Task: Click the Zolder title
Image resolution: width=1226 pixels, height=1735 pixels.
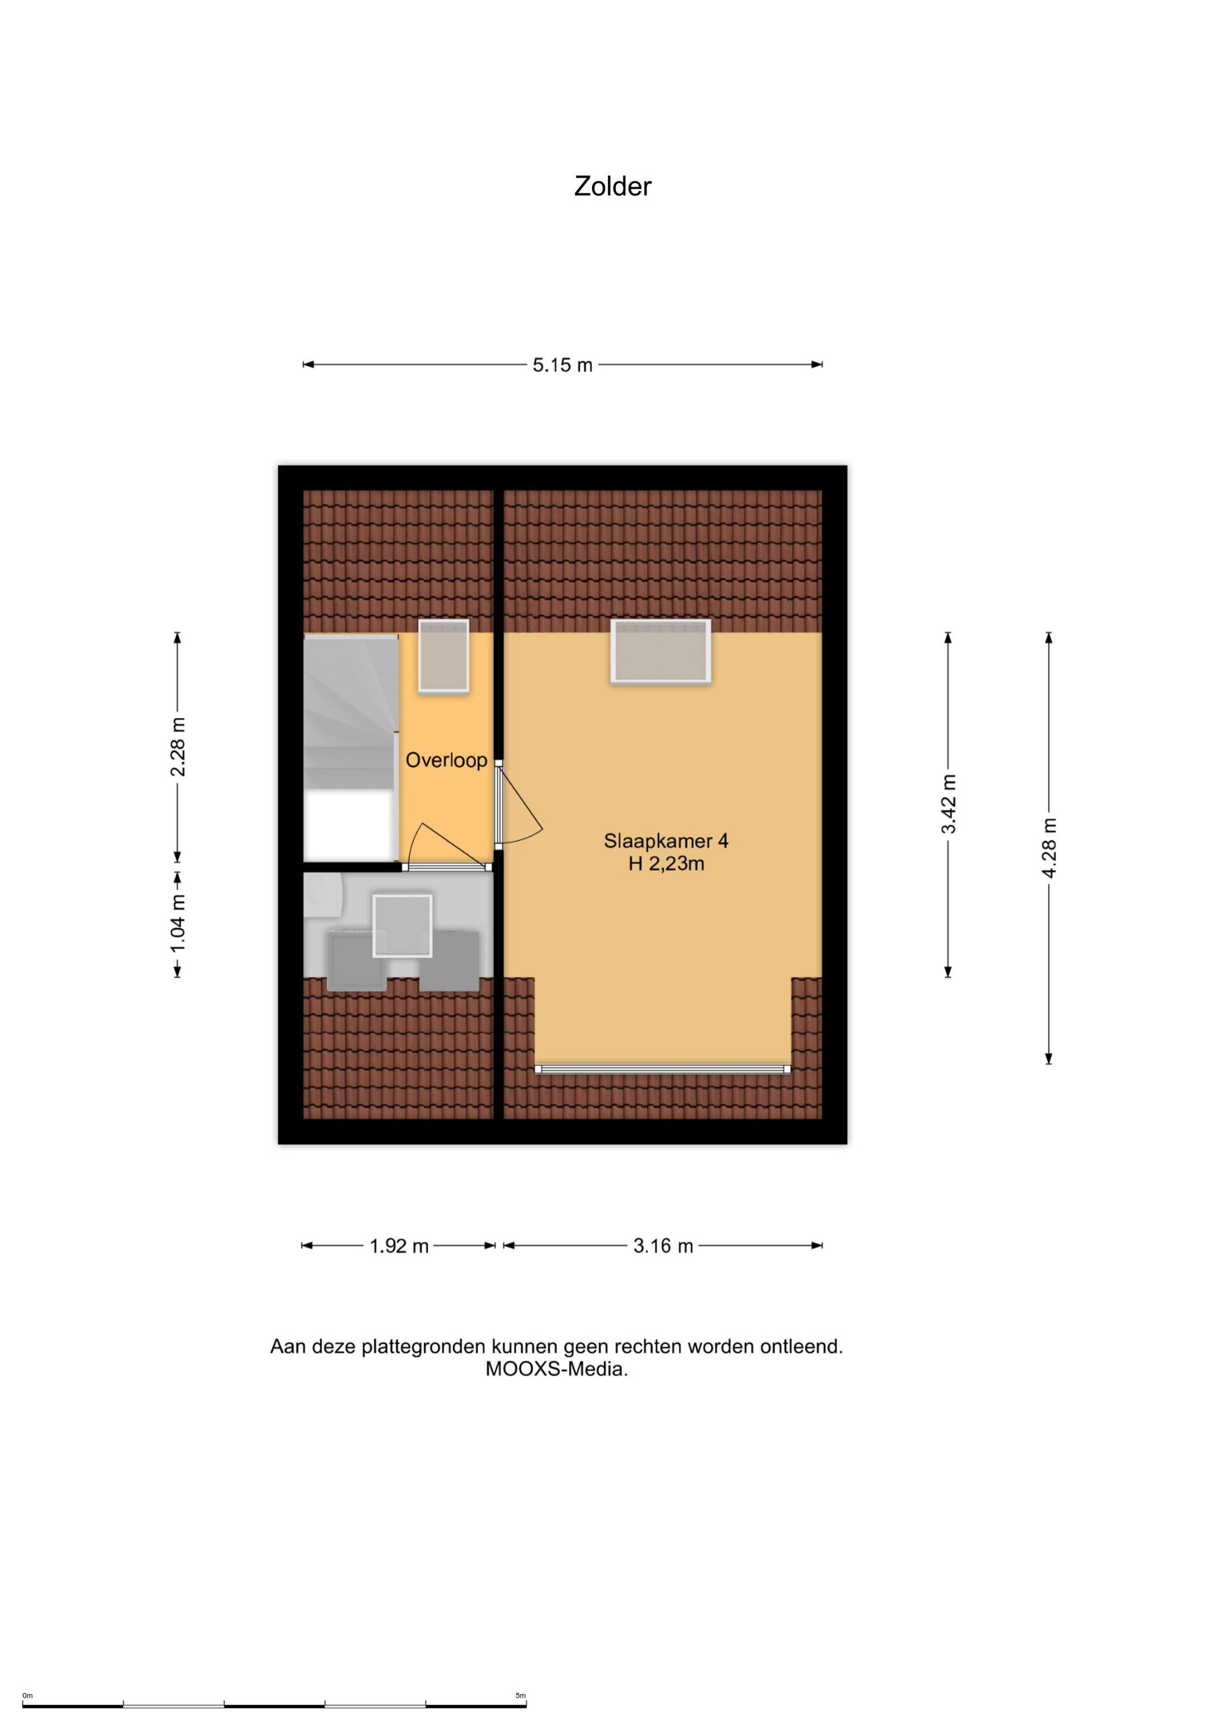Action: tap(612, 187)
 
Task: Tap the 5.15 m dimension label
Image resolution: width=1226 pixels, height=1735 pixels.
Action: tap(563, 365)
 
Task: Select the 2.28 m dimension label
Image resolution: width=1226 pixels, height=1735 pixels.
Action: tap(178, 746)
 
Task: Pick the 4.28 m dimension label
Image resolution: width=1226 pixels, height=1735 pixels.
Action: tap(1049, 848)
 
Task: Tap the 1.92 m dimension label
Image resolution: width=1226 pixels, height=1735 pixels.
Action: tap(399, 1246)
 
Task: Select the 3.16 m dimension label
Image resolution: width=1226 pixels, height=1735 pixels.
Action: tap(663, 1246)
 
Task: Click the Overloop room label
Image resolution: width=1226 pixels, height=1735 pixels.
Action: tap(446, 760)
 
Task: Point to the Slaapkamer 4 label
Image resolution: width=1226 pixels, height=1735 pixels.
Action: tap(666, 841)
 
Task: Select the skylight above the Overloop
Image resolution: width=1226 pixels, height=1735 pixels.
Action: tap(444, 655)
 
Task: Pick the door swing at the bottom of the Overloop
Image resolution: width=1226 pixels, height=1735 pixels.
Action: tap(447, 846)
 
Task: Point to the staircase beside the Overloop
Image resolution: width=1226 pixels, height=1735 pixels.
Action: tap(351, 748)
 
